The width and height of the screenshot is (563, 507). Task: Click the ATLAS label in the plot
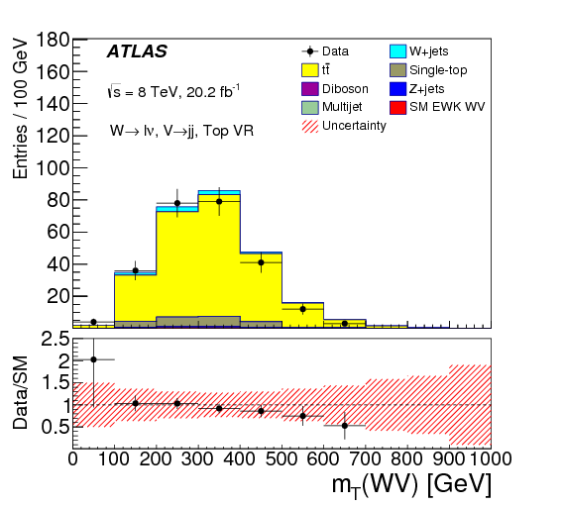137,51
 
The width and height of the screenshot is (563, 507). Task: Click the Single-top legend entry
438,69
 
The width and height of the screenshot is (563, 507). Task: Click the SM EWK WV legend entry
446,107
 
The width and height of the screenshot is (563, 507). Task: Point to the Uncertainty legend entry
356,125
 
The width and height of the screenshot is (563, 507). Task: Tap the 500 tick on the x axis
281,458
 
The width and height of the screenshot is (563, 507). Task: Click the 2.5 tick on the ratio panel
53,340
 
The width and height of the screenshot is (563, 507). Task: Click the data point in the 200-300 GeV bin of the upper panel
177,203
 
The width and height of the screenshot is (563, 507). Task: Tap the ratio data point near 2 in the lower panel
93,359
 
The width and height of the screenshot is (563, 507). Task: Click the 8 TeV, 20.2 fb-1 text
174,91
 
